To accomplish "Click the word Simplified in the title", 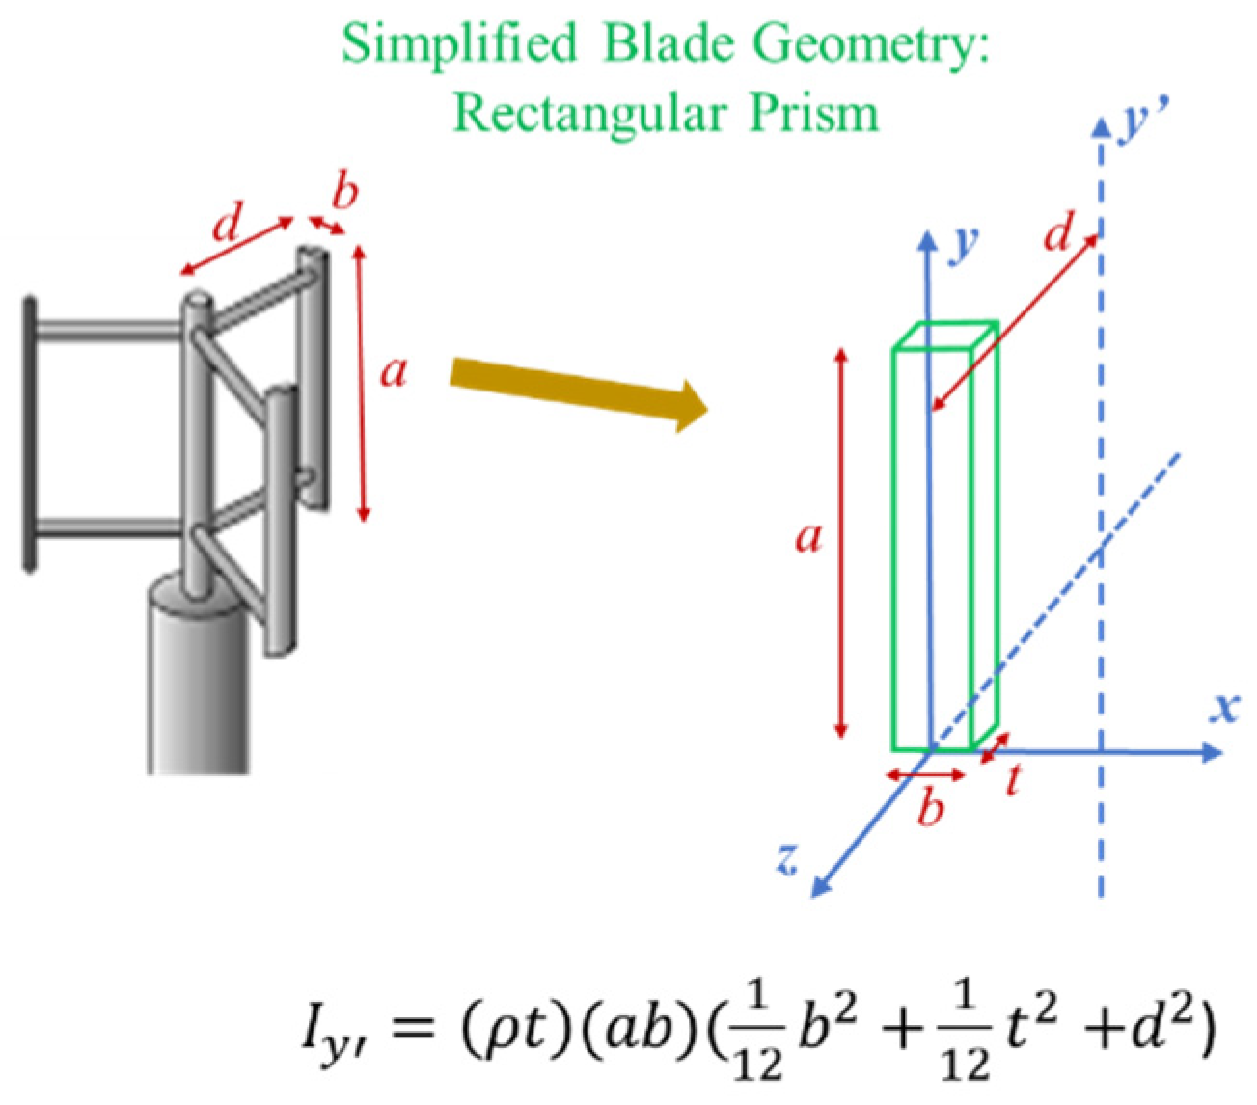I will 459,43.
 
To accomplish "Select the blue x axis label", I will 1225,708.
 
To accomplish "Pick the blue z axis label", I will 788,856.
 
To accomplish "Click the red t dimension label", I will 1012,779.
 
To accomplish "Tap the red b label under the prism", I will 930,808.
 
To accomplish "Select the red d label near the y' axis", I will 1058,234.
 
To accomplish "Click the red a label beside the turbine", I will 394,371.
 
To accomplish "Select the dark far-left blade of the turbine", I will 31,434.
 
